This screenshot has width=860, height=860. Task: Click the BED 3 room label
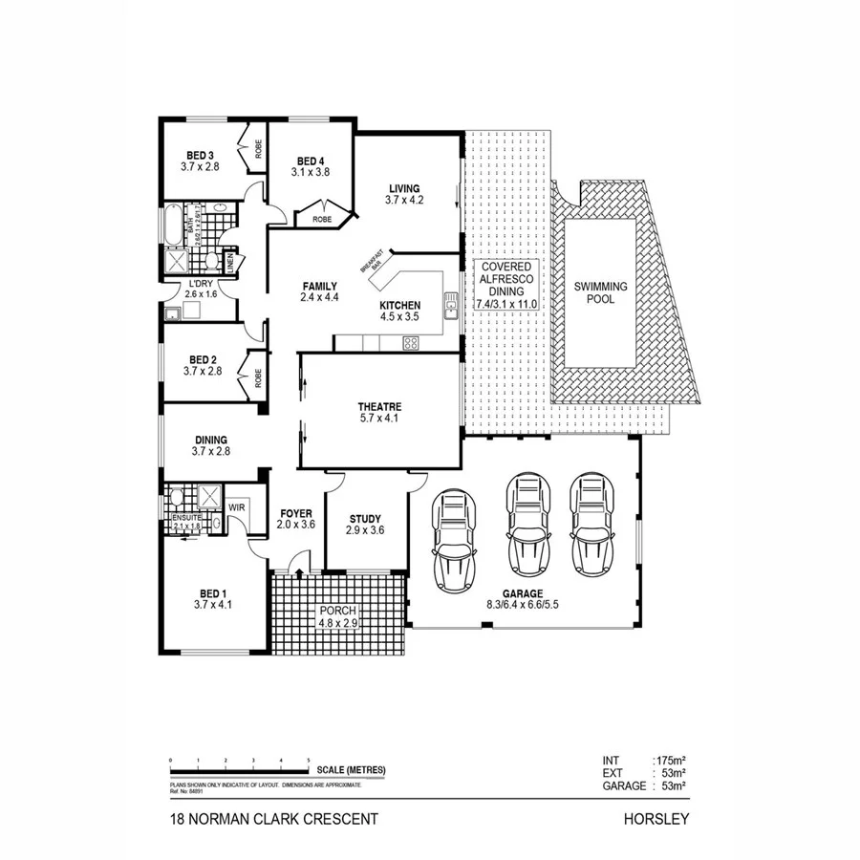tap(199, 155)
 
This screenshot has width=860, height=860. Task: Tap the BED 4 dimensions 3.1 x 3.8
tap(310, 173)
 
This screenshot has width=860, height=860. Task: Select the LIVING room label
tap(403, 188)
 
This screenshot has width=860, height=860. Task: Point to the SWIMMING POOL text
tap(600, 292)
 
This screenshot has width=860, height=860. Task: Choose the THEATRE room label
tap(378, 405)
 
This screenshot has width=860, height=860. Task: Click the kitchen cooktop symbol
tap(412, 343)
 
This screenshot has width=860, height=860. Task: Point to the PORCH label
tap(337, 612)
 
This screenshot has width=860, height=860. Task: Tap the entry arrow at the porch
tap(300, 573)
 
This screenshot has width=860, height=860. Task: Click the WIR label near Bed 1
tap(237, 507)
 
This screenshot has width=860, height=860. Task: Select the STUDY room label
tap(365, 517)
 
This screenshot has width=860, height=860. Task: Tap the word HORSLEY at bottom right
tap(656, 819)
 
